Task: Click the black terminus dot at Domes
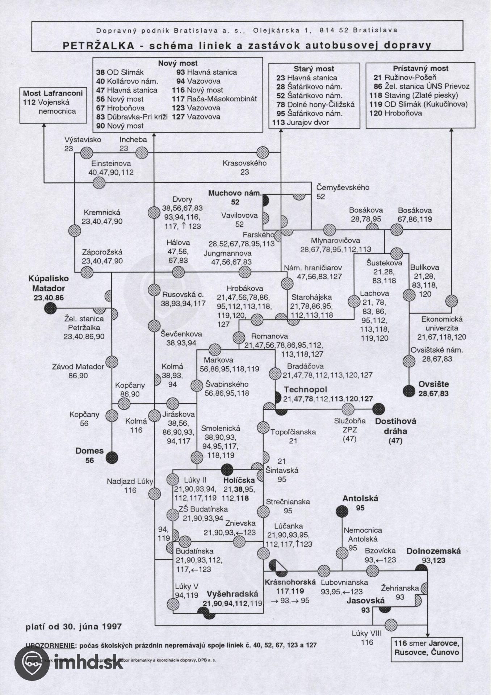(112, 457)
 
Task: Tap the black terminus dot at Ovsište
(409, 391)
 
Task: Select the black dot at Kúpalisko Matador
(51, 308)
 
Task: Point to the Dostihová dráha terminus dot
(379, 409)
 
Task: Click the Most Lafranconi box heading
(53, 93)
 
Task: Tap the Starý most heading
(314, 69)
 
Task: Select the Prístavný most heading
(420, 68)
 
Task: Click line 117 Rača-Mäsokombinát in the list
(214, 99)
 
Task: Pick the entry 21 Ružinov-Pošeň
(404, 77)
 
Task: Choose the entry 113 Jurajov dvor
(300, 122)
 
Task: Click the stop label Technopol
(305, 389)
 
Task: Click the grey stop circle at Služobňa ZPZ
(348, 409)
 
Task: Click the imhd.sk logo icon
(32, 663)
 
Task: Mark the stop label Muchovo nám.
(235, 193)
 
